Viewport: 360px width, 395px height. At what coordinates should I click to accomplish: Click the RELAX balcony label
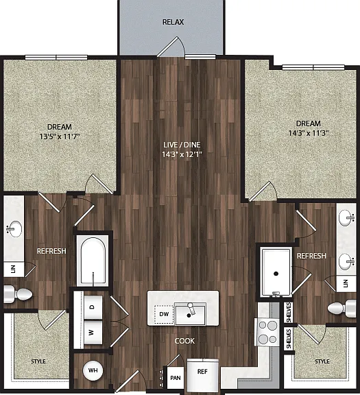pyautogui.click(x=173, y=22)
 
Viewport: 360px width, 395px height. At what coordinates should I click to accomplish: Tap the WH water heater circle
pyautogui.click(x=93, y=370)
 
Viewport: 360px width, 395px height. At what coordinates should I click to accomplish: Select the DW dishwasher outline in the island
pyautogui.click(x=164, y=314)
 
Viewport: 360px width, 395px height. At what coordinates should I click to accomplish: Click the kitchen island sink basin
pyautogui.click(x=190, y=314)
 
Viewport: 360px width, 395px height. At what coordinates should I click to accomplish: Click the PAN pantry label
pyautogui.click(x=176, y=378)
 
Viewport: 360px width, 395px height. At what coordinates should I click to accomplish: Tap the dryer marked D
pyautogui.click(x=93, y=307)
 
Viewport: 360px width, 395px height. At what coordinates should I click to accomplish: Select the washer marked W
pyautogui.click(x=93, y=333)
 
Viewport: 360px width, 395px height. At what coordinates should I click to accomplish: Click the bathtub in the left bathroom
pyautogui.click(x=93, y=261)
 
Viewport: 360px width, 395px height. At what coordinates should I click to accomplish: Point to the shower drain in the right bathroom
pyautogui.click(x=276, y=274)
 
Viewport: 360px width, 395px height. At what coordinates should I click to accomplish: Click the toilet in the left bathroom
pyautogui.click(x=18, y=294)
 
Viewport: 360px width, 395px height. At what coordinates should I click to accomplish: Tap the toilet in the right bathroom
pyautogui.click(x=341, y=309)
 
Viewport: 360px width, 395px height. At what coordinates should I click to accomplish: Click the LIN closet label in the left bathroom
pyautogui.click(x=13, y=269)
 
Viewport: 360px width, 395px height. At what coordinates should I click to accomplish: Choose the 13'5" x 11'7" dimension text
pyautogui.click(x=60, y=136)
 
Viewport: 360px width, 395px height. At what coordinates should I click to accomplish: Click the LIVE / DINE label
pyautogui.click(x=182, y=145)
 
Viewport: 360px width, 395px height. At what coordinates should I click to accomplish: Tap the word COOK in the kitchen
pyautogui.click(x=184, y=341)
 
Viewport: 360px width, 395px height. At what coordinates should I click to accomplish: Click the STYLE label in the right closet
pyautogui.click(x=322, y=361)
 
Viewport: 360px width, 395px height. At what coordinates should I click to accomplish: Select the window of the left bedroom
pyautogui.click(x=56, y=58)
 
